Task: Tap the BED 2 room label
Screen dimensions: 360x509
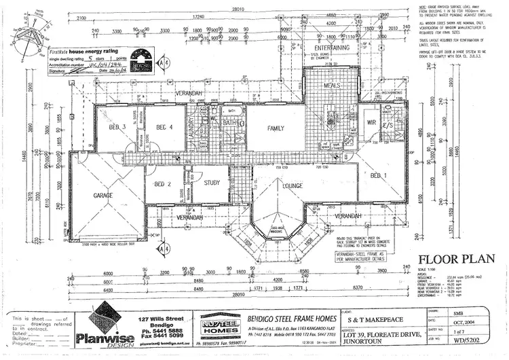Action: [x=162, y=184]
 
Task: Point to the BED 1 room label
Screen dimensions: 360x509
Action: [x=379, y=175]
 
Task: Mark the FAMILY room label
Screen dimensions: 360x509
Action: [x=276, y=128]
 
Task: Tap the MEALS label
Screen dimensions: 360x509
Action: [x=331, y=85]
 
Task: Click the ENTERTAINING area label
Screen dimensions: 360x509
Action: [x=332, y=48]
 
